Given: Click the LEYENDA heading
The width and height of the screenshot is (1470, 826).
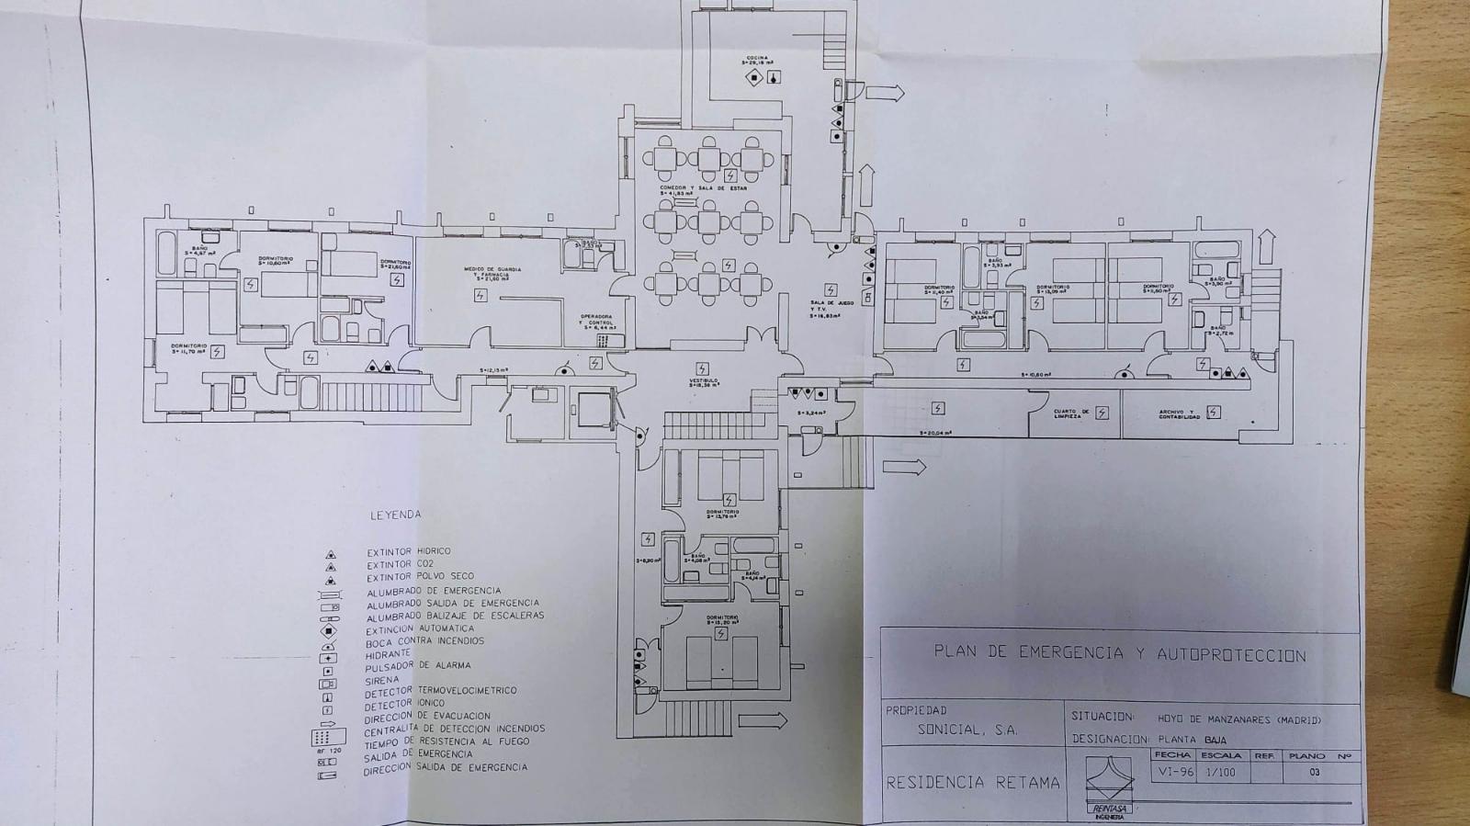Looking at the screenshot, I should tap(395, 515).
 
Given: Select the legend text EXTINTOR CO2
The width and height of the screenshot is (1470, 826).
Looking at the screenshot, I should tap(399, 564).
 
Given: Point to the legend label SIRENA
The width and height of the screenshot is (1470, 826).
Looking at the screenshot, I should tap(381, 679).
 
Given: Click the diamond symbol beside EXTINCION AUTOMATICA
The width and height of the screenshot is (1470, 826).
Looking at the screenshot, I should tap(328, 631).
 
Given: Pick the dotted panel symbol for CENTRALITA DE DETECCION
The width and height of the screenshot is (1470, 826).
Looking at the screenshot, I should tap(328, 737).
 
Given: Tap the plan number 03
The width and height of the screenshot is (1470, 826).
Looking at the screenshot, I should tap(1314, 773).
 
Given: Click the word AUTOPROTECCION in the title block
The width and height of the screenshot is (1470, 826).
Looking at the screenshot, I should tap(1231, 655).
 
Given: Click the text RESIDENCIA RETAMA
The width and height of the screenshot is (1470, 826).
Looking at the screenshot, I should tap(972, 783).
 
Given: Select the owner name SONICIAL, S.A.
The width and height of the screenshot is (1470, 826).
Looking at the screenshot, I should tap(967, 730).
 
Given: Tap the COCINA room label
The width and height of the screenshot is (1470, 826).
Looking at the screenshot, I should tap(757, 59).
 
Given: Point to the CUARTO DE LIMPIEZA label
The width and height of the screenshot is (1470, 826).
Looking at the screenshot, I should tap(1071, 413).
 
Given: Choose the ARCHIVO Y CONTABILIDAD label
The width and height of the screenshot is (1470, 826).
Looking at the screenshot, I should tap(1178, 413).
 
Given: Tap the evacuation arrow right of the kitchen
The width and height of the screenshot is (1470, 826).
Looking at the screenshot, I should tap(886, 92).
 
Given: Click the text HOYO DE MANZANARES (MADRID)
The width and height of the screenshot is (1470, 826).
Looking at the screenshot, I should tap(1233, 719).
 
